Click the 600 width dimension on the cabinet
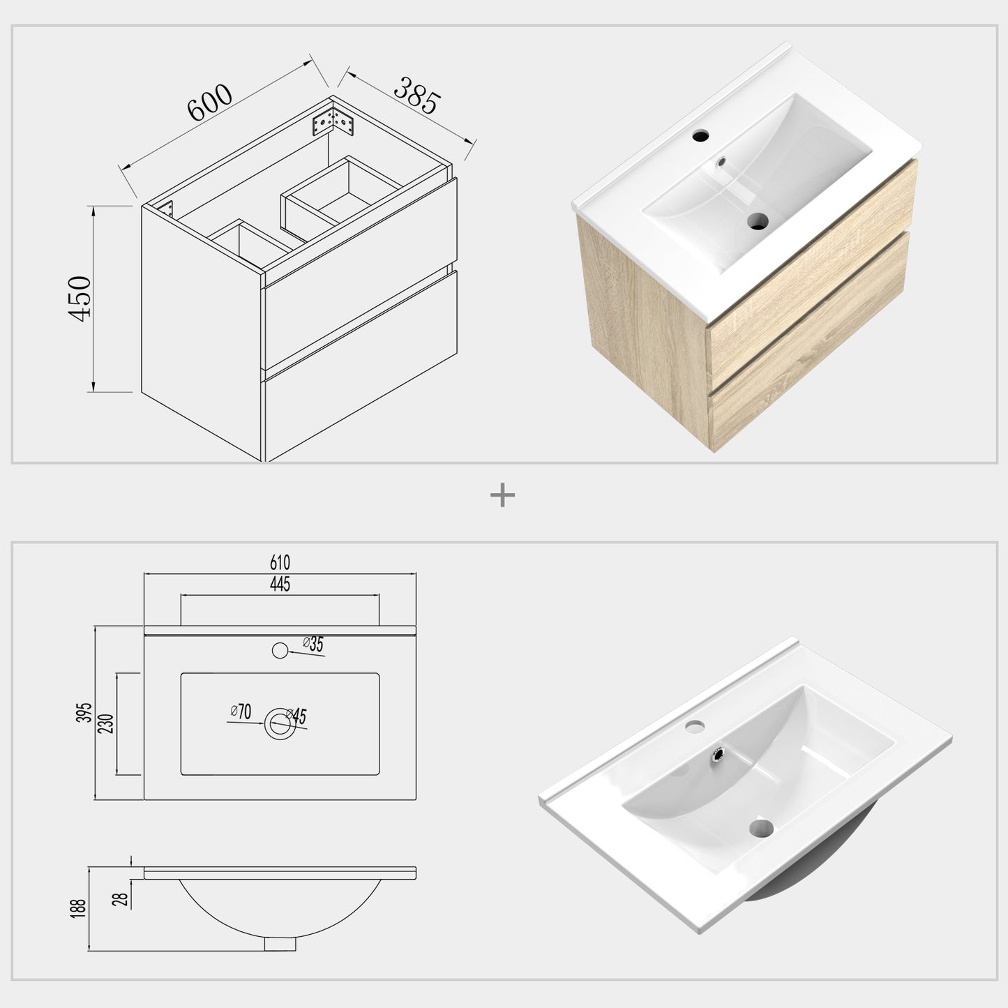click(209, 103)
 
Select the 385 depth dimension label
click(417, 96)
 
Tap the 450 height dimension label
click(80, 298)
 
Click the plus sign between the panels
click(503, 496)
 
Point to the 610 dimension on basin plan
click(279, 562)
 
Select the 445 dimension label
click(279, 585)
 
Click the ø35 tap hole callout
click(313, 645)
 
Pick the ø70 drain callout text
click(241, 712)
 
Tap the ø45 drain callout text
click(298, 716)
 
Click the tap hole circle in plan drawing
click(280, 651)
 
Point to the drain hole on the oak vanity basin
click(758, 222)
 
